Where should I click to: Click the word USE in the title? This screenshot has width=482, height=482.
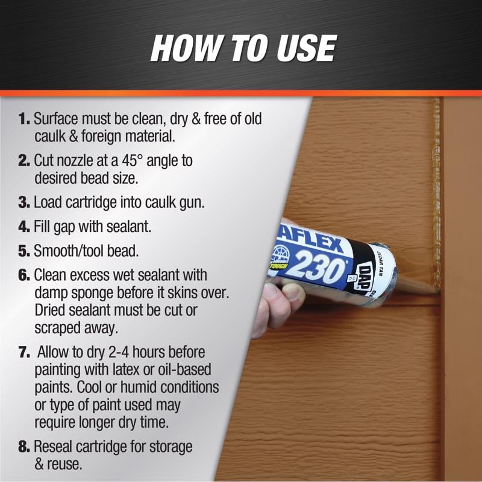pos(307,48)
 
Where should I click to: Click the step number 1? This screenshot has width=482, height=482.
pos(24,119)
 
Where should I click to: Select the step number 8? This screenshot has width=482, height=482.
pos(24,447)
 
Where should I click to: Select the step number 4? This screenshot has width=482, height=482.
pos(24,227)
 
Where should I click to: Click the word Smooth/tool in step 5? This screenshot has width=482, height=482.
pos(69,251)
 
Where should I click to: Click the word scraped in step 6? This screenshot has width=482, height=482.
pos(53,328)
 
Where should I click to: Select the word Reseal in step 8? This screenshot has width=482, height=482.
pos(53,447)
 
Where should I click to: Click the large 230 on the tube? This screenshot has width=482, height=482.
pos(318,266)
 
